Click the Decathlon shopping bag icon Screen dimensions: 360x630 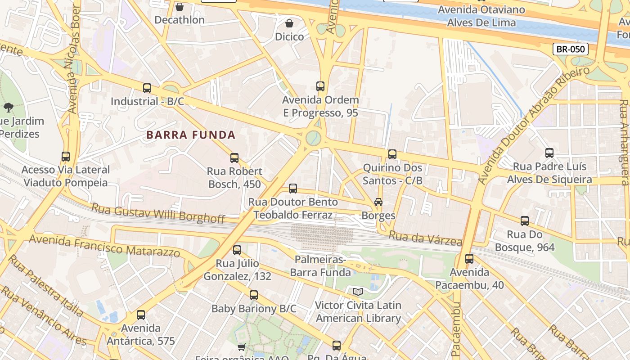pos(180,7)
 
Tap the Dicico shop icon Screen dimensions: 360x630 pos(289,23)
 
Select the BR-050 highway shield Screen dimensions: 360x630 pos(570,49)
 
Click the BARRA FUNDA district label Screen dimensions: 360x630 pos(191,135)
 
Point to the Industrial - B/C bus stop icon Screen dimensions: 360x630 pos(147,88)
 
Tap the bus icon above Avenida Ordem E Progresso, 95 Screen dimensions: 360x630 pos(320,86)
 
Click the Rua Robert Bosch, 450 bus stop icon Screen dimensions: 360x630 pos(234,158)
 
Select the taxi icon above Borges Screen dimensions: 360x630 pos(378,202)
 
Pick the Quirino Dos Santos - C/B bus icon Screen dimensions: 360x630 pos(392,154)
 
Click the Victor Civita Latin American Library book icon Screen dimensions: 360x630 pos(358,292)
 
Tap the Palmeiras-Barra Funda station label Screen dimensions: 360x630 pos(320,266)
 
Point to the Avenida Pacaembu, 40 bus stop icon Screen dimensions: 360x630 pos(469,259)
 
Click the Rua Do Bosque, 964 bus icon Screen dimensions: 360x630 pos(525,221)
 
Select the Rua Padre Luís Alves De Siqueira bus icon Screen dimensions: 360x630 pos(549,153)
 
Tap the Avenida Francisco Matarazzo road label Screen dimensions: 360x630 pos(104,246)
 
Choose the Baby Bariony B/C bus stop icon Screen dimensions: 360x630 pos(254,295)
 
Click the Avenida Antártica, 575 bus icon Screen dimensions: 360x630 pos(141,315)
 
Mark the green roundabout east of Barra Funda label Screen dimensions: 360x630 pos(313,138)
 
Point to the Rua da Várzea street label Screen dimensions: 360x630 pos(425,238)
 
